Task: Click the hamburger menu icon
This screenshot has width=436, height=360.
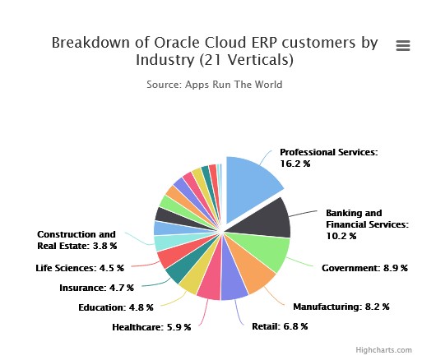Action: pos(403,45)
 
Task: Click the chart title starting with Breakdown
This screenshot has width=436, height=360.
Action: pos(215,51)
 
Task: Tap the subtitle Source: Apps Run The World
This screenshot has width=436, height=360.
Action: pos(215,85)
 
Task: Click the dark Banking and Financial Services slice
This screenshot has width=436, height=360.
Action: pos(267,219)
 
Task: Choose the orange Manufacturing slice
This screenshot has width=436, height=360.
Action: pos(252,271)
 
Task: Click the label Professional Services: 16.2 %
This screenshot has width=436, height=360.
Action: pos(329,158)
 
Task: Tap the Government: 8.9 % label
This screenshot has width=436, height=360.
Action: pos(364,268)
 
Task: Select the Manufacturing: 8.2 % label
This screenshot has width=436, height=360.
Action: pos(341,307)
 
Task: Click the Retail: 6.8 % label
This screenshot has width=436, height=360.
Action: pos(280,326)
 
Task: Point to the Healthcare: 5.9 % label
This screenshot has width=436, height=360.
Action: pos(151,327)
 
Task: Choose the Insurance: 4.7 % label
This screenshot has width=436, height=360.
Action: pos(96,288)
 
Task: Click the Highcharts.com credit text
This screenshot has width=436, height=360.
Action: pos(383,350)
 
